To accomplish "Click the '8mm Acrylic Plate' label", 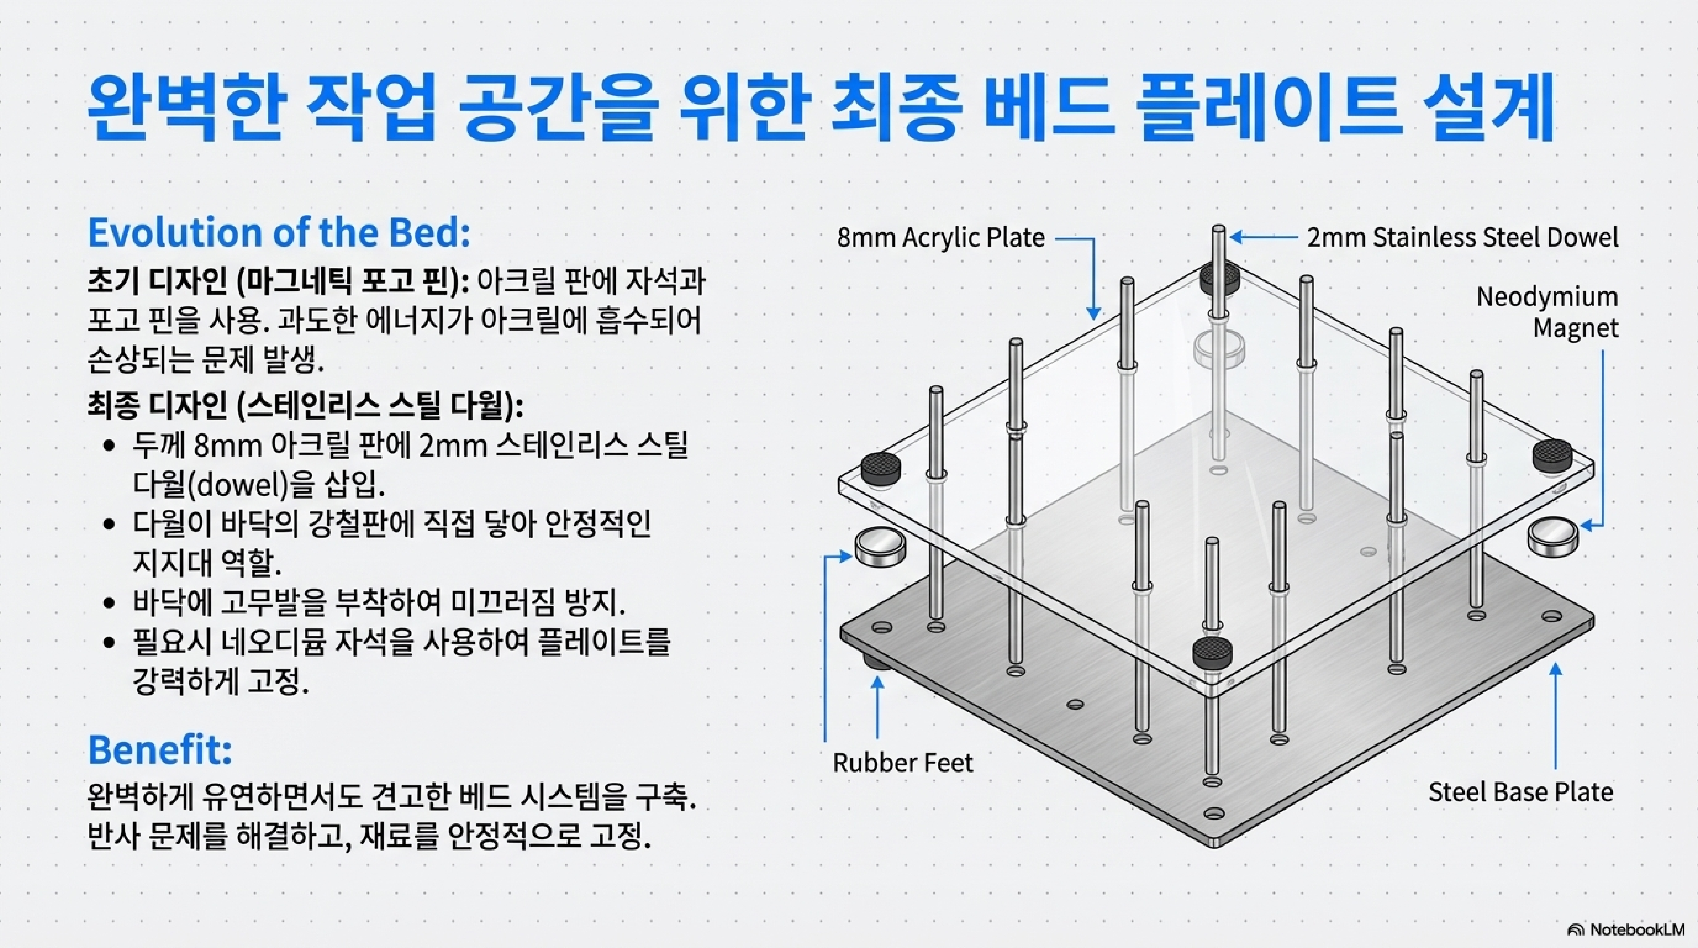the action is pyautogui.click(x=941, y=237).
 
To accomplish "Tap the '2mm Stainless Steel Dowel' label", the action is pyautogui.click(x=1462, y=237).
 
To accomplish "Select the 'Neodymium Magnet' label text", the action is pyautogui.click(x=1546, y=312).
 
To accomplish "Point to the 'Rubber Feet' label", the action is pyautogui.click(x=902, y=763).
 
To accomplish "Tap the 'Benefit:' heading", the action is pyautogui.click(x=160, y=750).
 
